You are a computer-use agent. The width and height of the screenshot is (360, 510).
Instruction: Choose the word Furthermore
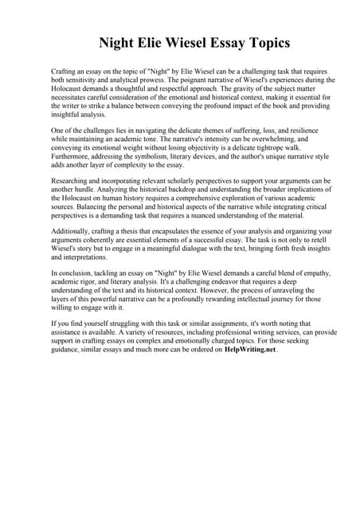click(73, 157)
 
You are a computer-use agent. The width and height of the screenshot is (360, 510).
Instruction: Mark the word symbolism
click(155, 157)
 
